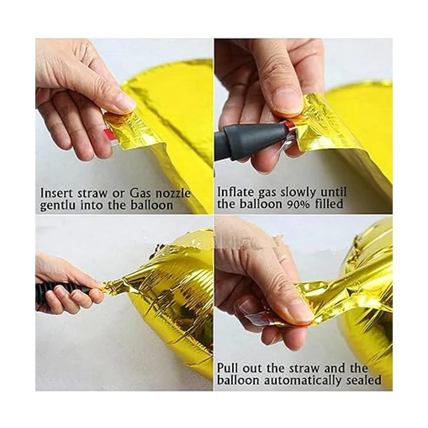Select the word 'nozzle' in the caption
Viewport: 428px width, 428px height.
click(173, 193)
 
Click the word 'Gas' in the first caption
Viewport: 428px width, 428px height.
click(141, 193)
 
